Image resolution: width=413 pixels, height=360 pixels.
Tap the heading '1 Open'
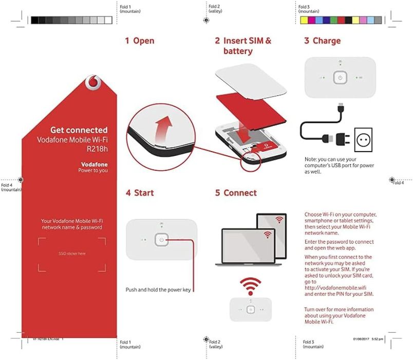pyautogui.click(x=139, y=41)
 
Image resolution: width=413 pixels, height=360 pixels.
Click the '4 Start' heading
pyautogui.click(x=140, y=193)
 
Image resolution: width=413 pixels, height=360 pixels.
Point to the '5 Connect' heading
pyautogui.click(x=236, y=193)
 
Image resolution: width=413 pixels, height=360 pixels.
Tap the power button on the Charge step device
pyautogui.click(x=340, y=78)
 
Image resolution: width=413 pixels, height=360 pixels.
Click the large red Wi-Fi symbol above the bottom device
pyautogui.click(x=251, y=286)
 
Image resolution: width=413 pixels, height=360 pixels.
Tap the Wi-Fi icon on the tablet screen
pyautogui.click(x=279, y=220)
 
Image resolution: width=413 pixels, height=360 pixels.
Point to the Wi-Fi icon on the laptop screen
pyautogui.click(x=267, y=235)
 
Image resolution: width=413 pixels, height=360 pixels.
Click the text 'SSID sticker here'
pyautogui.click(x=72, y=254)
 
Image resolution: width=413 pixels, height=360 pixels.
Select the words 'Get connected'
pyautogui.click(x=79, y=130)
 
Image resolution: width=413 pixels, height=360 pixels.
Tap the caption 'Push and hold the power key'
pyautogui.click(x=158, y=290)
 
